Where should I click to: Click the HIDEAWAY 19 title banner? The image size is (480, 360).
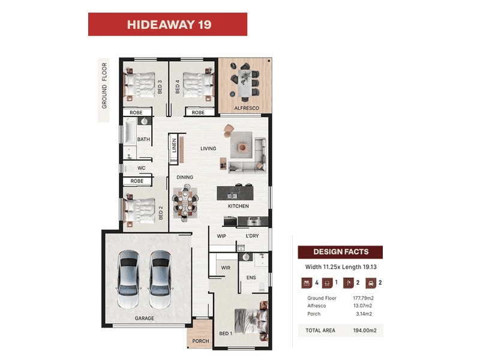pos(167,24)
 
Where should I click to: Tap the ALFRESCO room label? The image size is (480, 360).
pos(247,108)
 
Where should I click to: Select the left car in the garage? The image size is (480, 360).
pos(129,279)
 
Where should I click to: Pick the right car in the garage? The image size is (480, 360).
pos(160,279)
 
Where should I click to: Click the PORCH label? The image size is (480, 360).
pos(200,341)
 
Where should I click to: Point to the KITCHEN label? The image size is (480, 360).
pos(238,206)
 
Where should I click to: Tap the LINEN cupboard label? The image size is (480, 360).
pos(174,145)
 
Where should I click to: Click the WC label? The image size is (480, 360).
pos(142,168)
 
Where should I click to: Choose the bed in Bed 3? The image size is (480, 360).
pos(139,85)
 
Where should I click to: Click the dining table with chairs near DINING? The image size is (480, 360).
pos(185,202)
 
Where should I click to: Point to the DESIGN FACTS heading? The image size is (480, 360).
pos(340,252)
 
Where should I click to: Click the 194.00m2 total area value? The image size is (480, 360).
pos(365,331)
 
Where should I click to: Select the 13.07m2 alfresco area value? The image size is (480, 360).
pos(363,305)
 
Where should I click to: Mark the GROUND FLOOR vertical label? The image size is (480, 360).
pos(104,86)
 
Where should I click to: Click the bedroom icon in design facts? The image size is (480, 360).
pos(307,283)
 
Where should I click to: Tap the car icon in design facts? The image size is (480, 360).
pos(370,283)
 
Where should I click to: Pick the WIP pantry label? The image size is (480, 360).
pos(221,236)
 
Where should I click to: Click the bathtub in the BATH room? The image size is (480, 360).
pos(130,132)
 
